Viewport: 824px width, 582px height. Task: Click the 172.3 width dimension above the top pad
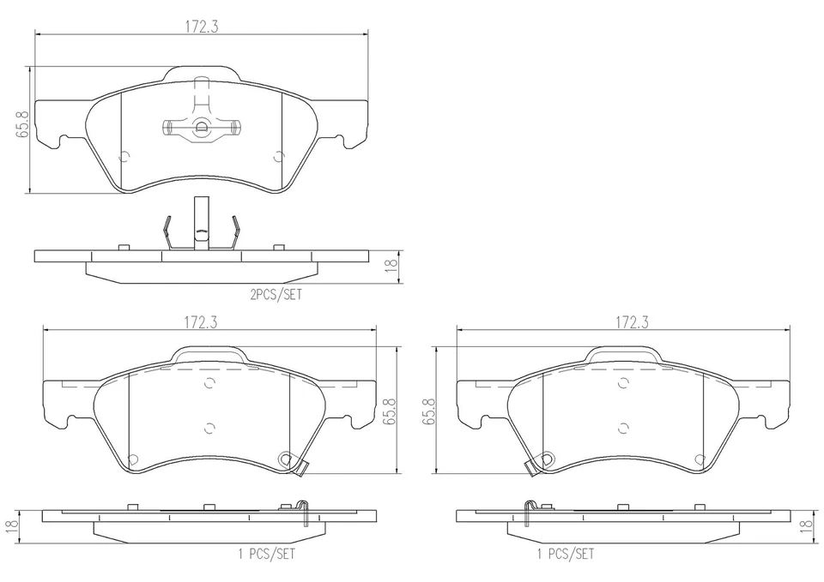(201, 27)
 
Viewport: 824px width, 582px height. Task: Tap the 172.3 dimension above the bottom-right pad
(631, 322)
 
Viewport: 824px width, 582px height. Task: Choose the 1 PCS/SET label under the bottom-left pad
(268, 554)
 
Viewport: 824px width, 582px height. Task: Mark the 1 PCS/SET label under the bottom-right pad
(565, 554)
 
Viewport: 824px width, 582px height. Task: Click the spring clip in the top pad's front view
(201, 128)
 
